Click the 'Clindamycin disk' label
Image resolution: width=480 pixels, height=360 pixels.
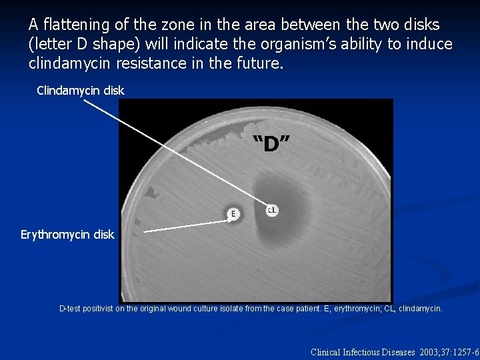click(x=80, y=90)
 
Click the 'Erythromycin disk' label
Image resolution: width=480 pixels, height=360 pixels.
click(x=67, y=235)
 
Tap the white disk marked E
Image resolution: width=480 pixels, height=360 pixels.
click(x=233, y=213)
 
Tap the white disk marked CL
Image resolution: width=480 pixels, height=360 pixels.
click(x=271, y=210)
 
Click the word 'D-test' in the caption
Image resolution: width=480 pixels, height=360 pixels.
click(x=72, y=309)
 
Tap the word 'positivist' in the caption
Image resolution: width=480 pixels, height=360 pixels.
click(x=104, y=309)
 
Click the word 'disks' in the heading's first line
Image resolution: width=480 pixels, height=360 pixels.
click(x=420, y=25)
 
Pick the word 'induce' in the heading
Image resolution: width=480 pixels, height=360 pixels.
click(x=429, y=45)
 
